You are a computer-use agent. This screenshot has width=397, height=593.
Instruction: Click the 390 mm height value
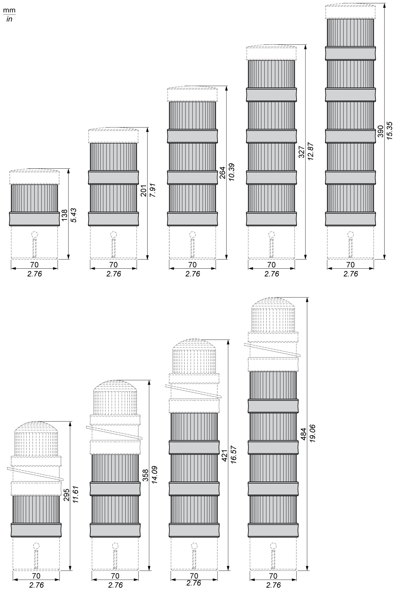381,131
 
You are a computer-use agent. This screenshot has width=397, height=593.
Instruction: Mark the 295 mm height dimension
67,495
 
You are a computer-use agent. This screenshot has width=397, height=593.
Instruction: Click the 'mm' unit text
9,10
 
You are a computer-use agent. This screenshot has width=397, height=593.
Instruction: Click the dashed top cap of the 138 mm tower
34,177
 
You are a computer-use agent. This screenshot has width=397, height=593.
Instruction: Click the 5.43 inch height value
74,215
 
